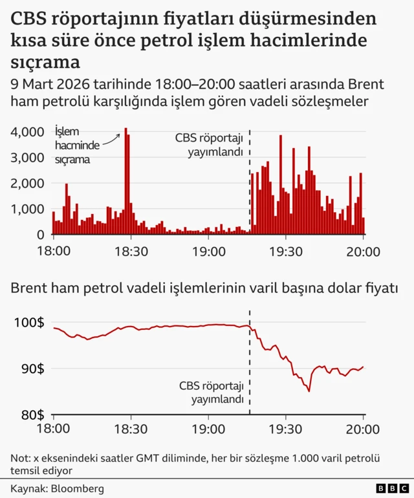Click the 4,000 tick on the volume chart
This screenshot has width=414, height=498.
(x=27, y=131)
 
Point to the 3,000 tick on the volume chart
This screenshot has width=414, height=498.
(x=27, y=157)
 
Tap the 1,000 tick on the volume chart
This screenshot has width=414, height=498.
(x=27, y=209)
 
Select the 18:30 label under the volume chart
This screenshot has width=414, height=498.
(x=131, y=251)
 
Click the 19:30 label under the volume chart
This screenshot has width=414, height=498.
(x=286, y=251)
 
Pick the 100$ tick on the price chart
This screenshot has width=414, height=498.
(x=30, y=322)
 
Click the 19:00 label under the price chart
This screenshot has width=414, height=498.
(x=208, y=428)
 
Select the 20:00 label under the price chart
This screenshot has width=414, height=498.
(x=364, y=428)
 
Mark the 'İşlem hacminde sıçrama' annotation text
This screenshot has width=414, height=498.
(x=72, y=146)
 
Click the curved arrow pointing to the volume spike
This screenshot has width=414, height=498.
(x=111, y=138)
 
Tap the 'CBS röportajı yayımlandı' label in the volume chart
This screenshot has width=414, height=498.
(x=210, y=145)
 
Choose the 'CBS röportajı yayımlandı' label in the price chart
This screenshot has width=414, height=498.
(x=212, y=393)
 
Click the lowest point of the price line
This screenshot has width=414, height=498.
(x=309, y=391)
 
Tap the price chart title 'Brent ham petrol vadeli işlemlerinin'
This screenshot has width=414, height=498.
(x=129, y=289)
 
